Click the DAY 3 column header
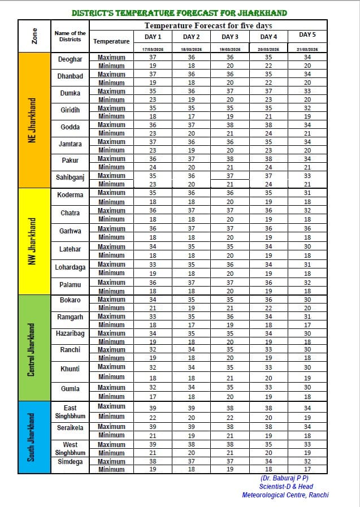click(x=229, y=37)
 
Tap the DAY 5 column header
click(x=307, y=35)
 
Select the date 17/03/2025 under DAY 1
click(x=152, y=50)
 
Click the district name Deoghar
click(x=70, y=59)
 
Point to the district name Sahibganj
click(x=70, y=177)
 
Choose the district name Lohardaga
click(x=70, y=267)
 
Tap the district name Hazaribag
click(x=70, y=333)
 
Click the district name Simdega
click(x=70, y=462)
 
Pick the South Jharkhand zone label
click(x=33, y=438)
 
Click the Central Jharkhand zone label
click(x=33, y=349)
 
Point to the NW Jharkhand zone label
click(x=33, y=241)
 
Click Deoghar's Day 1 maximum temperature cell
click(x=153, y=58)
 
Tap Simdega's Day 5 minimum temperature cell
click(x=307, y=469)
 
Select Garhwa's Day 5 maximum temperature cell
click(x=307, y=229)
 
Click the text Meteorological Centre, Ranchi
click(x=285, y=495)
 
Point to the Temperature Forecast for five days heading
click(x=209, y=25)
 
